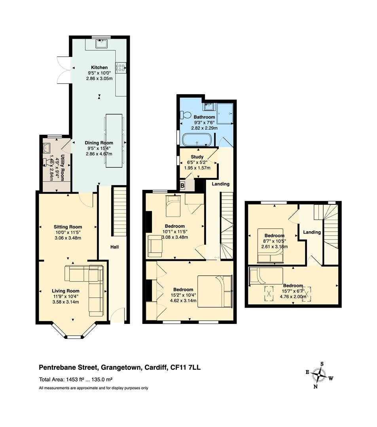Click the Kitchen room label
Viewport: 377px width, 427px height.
click(99, 67)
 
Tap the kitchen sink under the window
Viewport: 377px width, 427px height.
click(102, 43)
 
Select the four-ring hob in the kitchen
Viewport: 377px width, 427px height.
click(121, 68)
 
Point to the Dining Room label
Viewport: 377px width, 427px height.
click(99, 143)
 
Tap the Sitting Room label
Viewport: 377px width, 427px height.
click(68, 227)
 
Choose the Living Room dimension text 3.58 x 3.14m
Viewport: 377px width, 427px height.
click(66, 302)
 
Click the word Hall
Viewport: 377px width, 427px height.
click(114, 247)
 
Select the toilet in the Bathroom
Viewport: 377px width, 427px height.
click(186, 115)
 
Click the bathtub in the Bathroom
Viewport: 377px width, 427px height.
click(197, 140)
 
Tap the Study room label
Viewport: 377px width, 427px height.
click(197, 157)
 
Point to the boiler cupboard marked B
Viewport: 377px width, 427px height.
click(183, 186)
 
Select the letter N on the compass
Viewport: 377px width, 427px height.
click(315, 386)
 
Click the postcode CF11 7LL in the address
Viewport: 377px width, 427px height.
click(185, 367)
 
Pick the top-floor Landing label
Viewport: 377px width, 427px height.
click(312, 232)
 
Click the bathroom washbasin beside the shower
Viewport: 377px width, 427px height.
click(209, 106)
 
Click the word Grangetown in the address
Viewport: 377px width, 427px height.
click(121, 368)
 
